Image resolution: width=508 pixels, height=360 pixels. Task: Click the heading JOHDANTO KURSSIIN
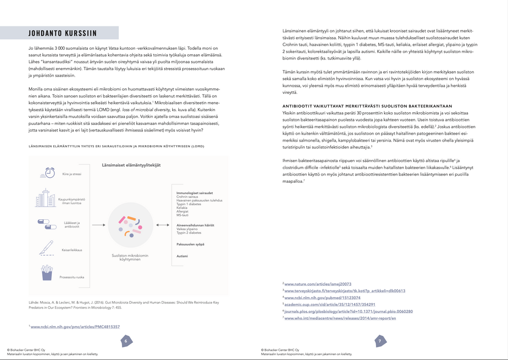63,34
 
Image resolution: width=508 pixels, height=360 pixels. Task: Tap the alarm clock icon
50,173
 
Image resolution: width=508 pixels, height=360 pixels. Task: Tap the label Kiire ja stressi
72,174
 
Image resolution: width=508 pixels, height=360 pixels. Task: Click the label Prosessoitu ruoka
72,277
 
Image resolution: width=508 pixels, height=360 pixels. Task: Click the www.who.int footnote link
340,318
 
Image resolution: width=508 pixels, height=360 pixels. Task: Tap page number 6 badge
126,341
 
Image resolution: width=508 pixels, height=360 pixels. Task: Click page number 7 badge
379,341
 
